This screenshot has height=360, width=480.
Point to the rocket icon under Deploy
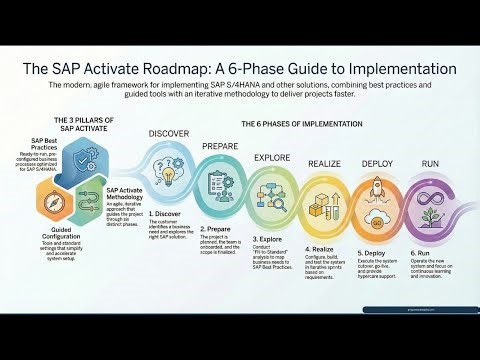coord(378,186)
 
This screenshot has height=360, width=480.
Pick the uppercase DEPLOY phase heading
coord(377,162)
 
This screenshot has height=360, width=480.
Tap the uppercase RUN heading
coord(430,162)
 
